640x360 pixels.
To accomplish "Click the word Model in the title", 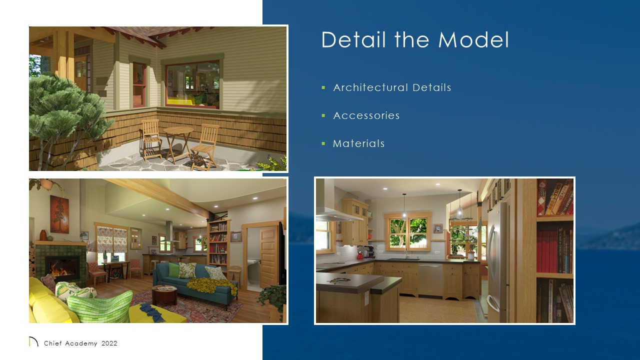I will [x=474, y=40].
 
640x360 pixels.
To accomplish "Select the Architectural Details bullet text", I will [x=392, y=87].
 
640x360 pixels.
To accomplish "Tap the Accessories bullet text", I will [x=366, y=115].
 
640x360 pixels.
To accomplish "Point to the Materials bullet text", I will [x=359, y=143].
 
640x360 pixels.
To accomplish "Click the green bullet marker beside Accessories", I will [x=323, y=115].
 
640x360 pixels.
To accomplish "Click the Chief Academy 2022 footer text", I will [x=80, y=343].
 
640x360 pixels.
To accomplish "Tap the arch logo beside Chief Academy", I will [x=33, y=342].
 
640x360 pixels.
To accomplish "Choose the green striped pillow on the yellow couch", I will [x=100, y=306].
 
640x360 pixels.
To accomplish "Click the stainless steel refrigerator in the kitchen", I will [x=497, y=260].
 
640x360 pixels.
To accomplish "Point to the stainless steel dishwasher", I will [x=430, y=280].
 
